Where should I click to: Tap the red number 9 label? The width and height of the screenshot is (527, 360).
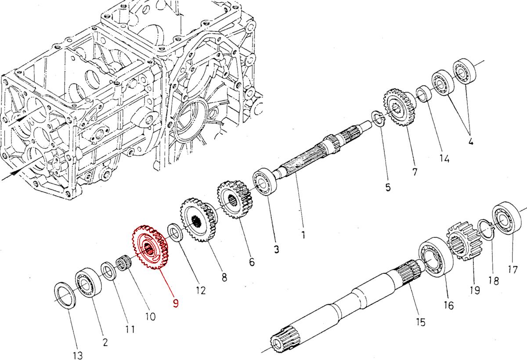pos(176,303)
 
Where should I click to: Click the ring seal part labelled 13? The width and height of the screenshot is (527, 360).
pos(66,296)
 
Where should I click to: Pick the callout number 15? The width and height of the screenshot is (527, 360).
pos(420,322)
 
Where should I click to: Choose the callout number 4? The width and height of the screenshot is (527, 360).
pos(470,142)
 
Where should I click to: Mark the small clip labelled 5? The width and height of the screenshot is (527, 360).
pos(378,118)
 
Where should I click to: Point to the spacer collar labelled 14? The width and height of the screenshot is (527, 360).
pos(424,94)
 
